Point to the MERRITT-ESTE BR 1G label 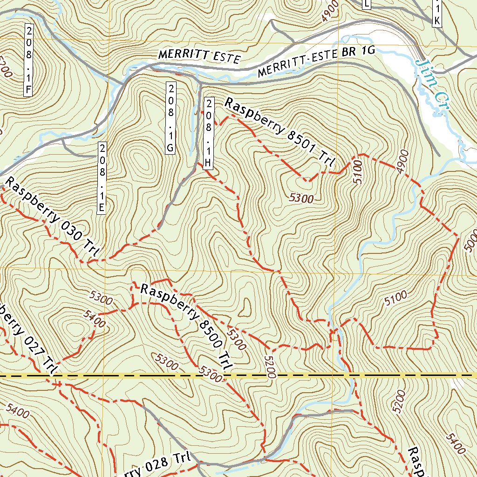(x=316, y=63)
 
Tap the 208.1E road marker (x=101, y=177)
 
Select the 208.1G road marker (x=170, y=118)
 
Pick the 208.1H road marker (x=209, y=133)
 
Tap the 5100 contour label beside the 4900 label (x=357, y=173)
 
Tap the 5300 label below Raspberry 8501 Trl (x=301, y=198)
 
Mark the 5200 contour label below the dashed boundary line (x=399, y=402)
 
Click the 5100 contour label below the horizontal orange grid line (x=396, y=299)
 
